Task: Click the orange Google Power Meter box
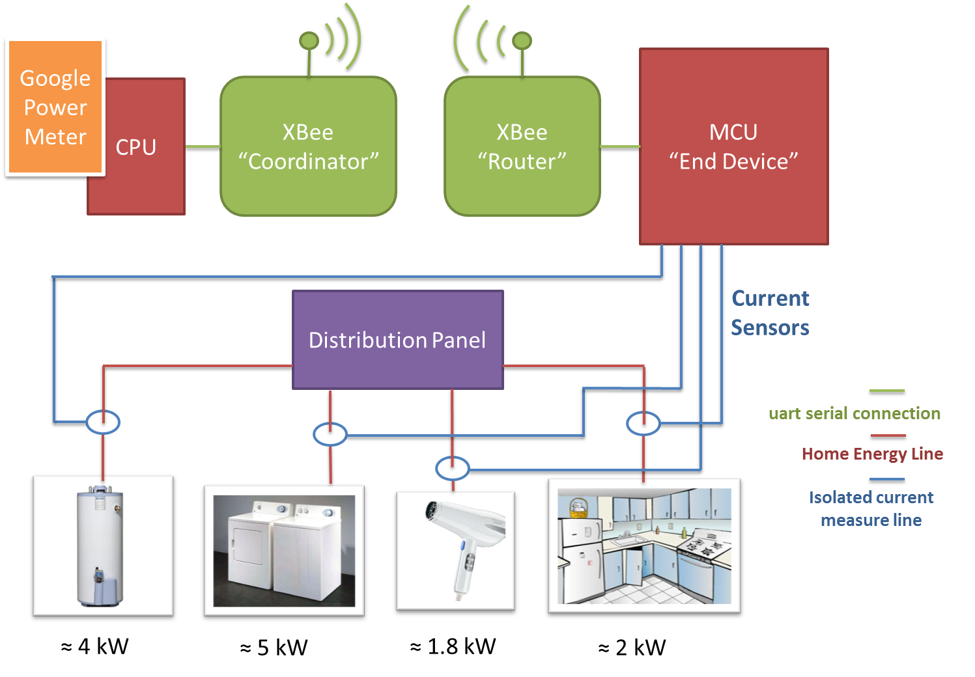[55, 107]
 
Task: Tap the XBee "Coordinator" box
[308, 146]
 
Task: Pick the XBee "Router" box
[522, 146]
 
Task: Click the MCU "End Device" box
[733, 146]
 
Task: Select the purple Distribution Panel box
[397, 340]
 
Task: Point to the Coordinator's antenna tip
[309, 41]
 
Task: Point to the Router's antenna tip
[522, 41]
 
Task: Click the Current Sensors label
[770, 313]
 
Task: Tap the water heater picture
[103, 547]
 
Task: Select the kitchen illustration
[644, 547]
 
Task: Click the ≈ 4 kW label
[95, 646]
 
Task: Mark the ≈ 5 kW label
[274, 648]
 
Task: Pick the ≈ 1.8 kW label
[453, 646]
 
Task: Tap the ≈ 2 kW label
[632, 648]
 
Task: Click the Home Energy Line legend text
[872, 454]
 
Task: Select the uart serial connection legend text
[855, 413]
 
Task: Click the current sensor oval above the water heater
[103, 422]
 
